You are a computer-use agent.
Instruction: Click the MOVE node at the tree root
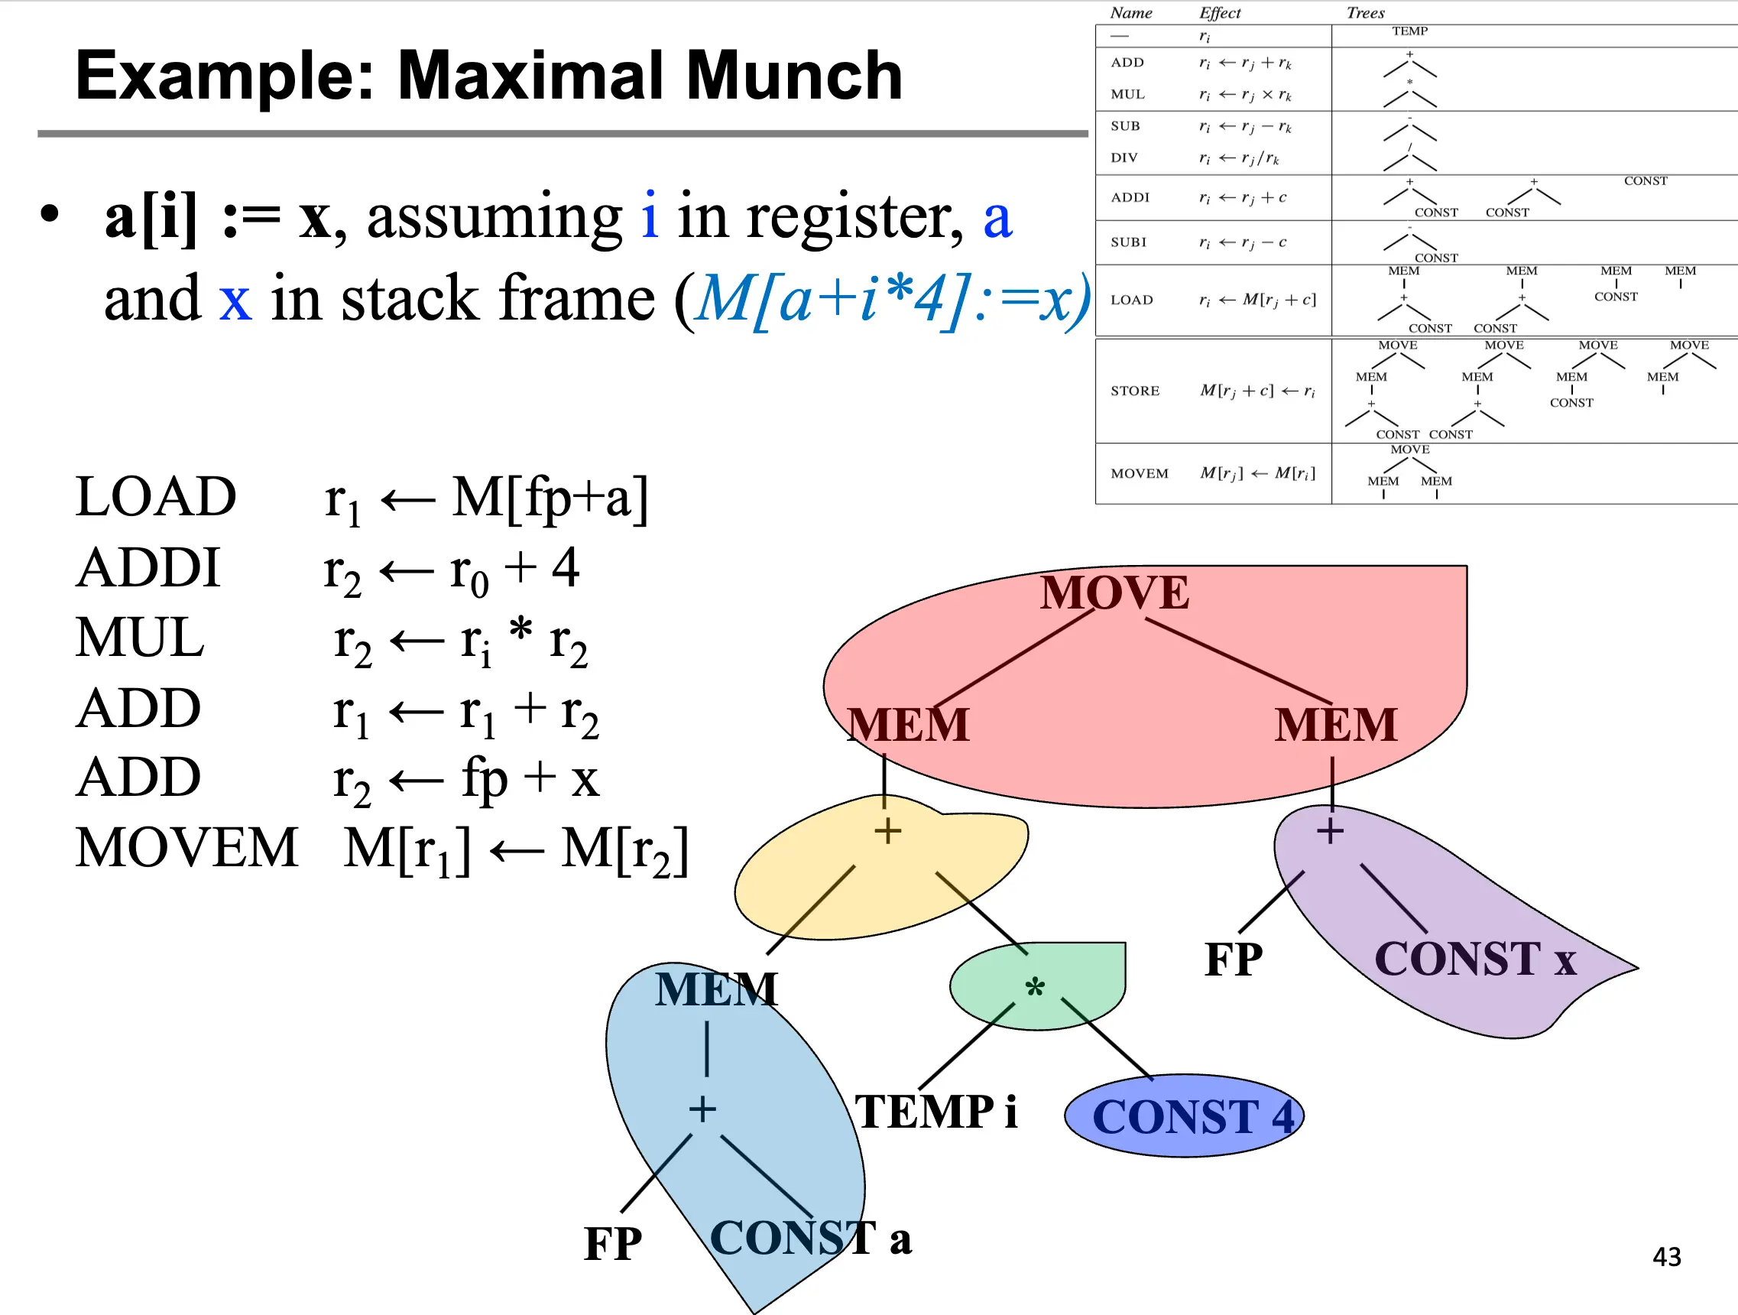click(x=1114, y=593)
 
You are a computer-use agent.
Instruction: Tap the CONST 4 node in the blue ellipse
click(x=1193, y=1117)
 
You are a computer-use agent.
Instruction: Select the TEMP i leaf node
click(x=935, y=1112)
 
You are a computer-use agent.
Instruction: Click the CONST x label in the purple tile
click(x=1476, y=959)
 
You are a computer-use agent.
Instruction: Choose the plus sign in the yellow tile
click(x=888, y=831)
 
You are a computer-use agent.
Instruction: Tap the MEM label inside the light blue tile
click(x=717, y=989)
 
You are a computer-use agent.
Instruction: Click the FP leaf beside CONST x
click(x=1234, y=959)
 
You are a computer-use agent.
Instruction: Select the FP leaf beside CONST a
click(x=613, y=1243)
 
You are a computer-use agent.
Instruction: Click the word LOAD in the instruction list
click(x=156, y=497)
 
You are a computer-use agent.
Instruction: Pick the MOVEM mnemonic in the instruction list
click(x=187, y=847)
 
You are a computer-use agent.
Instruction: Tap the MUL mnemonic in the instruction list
click(x=140, y=638)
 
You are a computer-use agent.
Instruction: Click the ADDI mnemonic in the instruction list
click(x=148, y=567)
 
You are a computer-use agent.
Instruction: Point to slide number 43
click(x=1667, y=1256)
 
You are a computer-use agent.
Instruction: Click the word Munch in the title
click(x=794, y=76)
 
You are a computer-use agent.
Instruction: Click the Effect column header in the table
click(x=1220, y=12)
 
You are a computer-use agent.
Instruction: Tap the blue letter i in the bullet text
click(x=649, y=215)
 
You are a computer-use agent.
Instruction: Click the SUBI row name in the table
click(x=1128, y=242)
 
